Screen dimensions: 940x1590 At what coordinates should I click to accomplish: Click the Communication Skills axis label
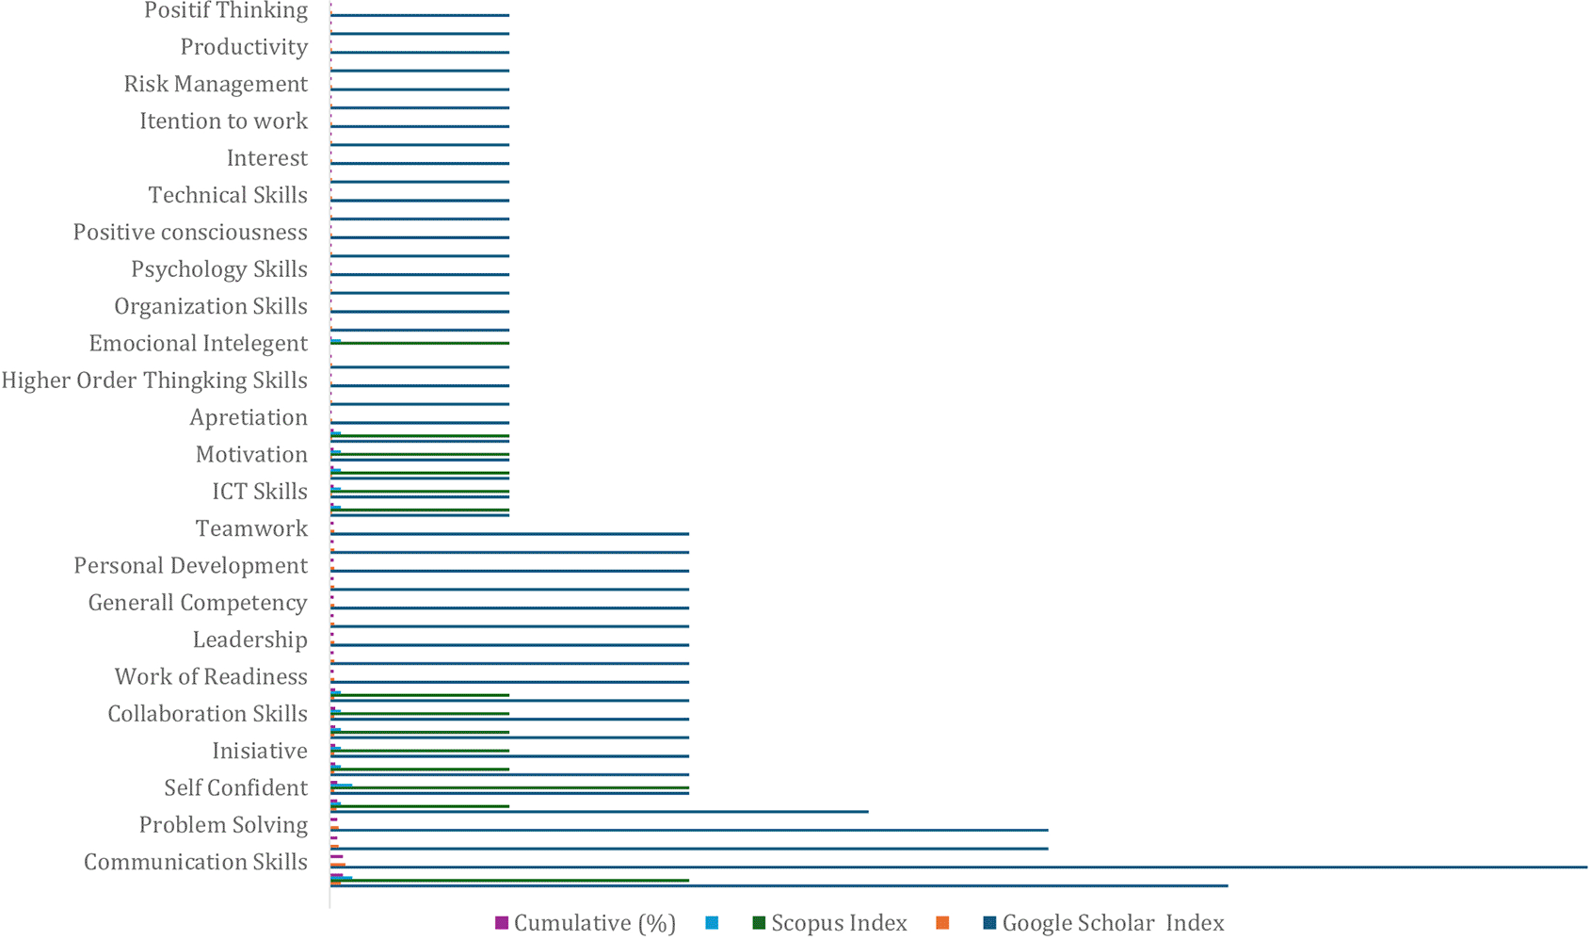tap(196, 862)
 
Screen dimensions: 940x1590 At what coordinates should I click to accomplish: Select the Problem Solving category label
tap(223, 825)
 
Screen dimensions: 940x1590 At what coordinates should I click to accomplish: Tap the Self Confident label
tap(235, 787)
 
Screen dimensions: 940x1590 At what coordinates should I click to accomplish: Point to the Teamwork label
tap(251, 528)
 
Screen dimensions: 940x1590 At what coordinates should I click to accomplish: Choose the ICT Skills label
tap(259, 492)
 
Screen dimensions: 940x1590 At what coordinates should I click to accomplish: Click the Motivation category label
tap(251, 455)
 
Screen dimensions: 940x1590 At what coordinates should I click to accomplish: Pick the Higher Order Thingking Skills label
tap(154, 381)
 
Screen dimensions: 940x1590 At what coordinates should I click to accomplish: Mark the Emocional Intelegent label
tap(198, 344)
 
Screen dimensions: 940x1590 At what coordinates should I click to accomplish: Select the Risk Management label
tap(216, 84)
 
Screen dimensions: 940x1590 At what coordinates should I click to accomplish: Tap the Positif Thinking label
tap(226, 11)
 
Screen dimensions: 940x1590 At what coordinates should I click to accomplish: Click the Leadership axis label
tap(249, 640)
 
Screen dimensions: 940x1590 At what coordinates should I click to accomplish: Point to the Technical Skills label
tap(228, 195)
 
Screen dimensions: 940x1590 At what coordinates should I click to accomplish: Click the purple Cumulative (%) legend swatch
tap(502, 924)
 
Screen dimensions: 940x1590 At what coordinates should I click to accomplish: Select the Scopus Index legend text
tap(839, 923)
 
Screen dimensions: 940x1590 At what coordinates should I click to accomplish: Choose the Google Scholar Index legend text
tap(1113, 923)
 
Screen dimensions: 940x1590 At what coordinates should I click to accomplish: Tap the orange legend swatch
tap(942, 924)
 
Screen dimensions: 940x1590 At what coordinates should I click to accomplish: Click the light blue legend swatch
tap(712, 924)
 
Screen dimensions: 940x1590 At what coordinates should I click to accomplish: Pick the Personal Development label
tap(190, 566)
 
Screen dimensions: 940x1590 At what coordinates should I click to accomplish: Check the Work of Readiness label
tap(211, 677)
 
